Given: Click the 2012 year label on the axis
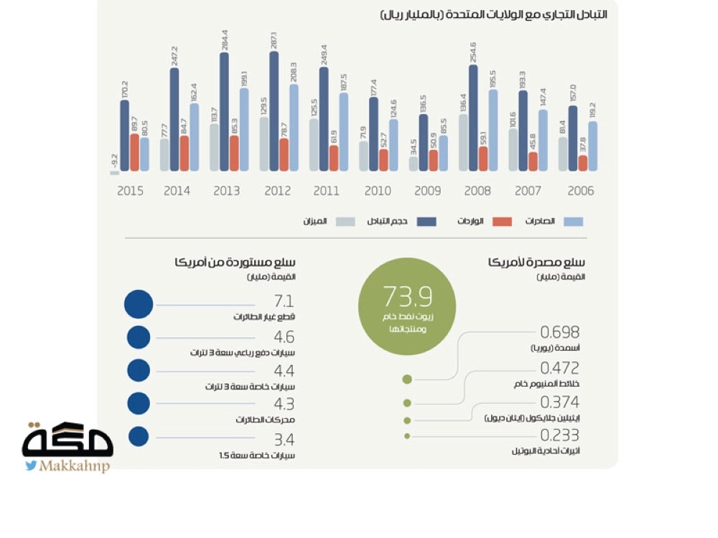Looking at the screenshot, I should click(x=277, y=191).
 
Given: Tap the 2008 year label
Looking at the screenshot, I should click(x=477, y=191).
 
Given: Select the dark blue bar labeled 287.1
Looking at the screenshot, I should click(x=274, y=111).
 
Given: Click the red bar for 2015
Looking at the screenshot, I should click(x=134, y=152).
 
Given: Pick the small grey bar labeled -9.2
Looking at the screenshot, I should click(x=115, y=173).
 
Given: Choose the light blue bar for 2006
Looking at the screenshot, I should click(x=592, y=146).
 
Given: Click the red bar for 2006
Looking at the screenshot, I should click(x=582, y=163).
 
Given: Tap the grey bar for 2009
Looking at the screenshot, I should click(x=414, y=164).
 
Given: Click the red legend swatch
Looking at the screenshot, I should click(x=502, y=222).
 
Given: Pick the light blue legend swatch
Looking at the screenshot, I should click(x=573, y=222).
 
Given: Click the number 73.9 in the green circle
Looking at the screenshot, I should click(x=407, y=296).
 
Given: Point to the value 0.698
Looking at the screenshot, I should click(x=559, y=332).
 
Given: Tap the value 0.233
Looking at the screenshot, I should click(x=559, y=435).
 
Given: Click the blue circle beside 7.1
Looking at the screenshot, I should click(x=139, y=304).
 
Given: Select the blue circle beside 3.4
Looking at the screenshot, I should click(x=139, y=436).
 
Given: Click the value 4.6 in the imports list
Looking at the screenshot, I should click(x=284, y=337).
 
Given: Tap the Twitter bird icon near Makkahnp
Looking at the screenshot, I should click(x=32, y=466).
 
